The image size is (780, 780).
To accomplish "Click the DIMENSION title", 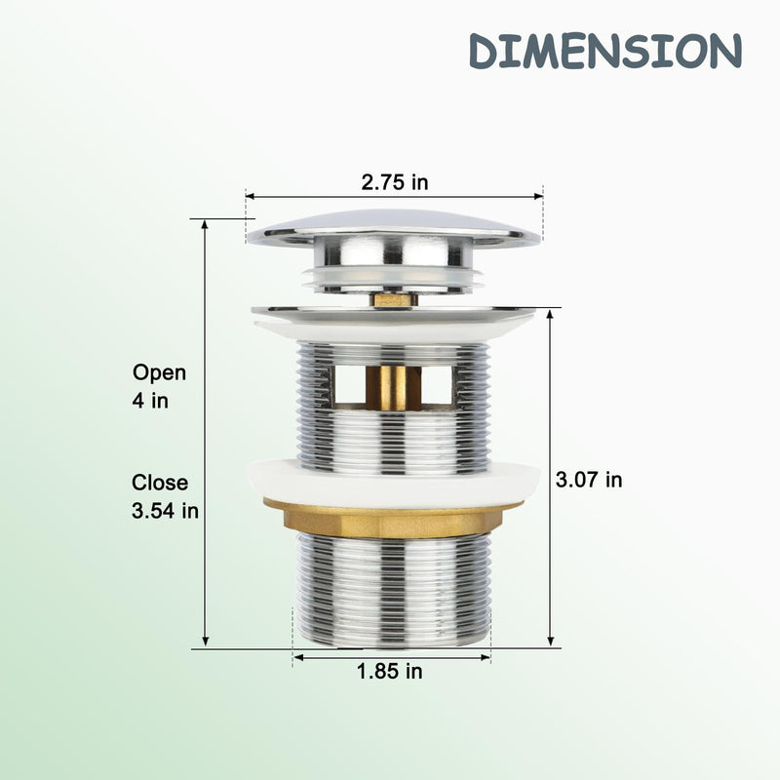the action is pos(605,51).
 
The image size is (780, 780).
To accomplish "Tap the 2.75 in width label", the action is pos(395,182).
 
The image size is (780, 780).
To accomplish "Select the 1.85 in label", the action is pos(389,672).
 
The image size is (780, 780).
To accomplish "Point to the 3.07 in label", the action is pos(589,480).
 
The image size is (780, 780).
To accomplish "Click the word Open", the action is pos(159,373).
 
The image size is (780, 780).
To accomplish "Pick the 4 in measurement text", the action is pos(150,401).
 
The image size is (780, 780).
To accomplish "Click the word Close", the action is pos(160,483).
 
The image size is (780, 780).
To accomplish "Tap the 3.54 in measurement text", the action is pos(165,511).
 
